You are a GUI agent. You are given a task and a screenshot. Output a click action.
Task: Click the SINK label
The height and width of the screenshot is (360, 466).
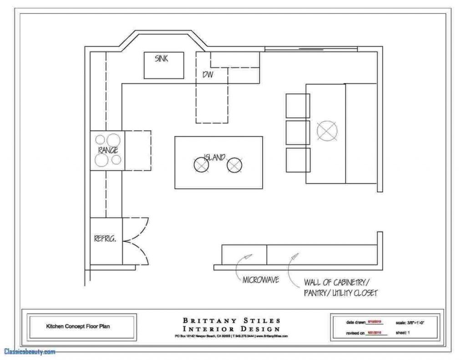click(x=162, y=59)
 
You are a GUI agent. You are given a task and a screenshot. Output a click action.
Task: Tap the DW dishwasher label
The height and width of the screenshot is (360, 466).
click(x=208, y=74)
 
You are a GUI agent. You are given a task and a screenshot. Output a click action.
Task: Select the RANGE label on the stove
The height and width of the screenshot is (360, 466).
click(x=108, y=150)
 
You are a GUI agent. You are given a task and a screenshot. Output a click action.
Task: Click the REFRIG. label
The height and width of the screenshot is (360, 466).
click(x=105, y=237)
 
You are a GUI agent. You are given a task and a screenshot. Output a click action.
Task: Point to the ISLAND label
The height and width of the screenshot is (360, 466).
click(x=214, y=157)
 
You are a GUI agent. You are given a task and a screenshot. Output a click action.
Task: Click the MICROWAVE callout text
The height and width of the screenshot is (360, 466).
click(x=261, y=279)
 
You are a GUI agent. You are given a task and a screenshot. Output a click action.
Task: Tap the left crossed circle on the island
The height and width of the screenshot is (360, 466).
click(x=201, y=165)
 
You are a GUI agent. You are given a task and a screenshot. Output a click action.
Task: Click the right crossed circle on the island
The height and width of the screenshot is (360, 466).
click(x=234, y=165)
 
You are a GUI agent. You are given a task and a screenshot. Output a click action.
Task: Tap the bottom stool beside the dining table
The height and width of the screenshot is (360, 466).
click(x=298, y=160)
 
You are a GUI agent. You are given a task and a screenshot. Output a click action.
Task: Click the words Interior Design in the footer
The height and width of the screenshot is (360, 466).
click(x=232, y=329)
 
